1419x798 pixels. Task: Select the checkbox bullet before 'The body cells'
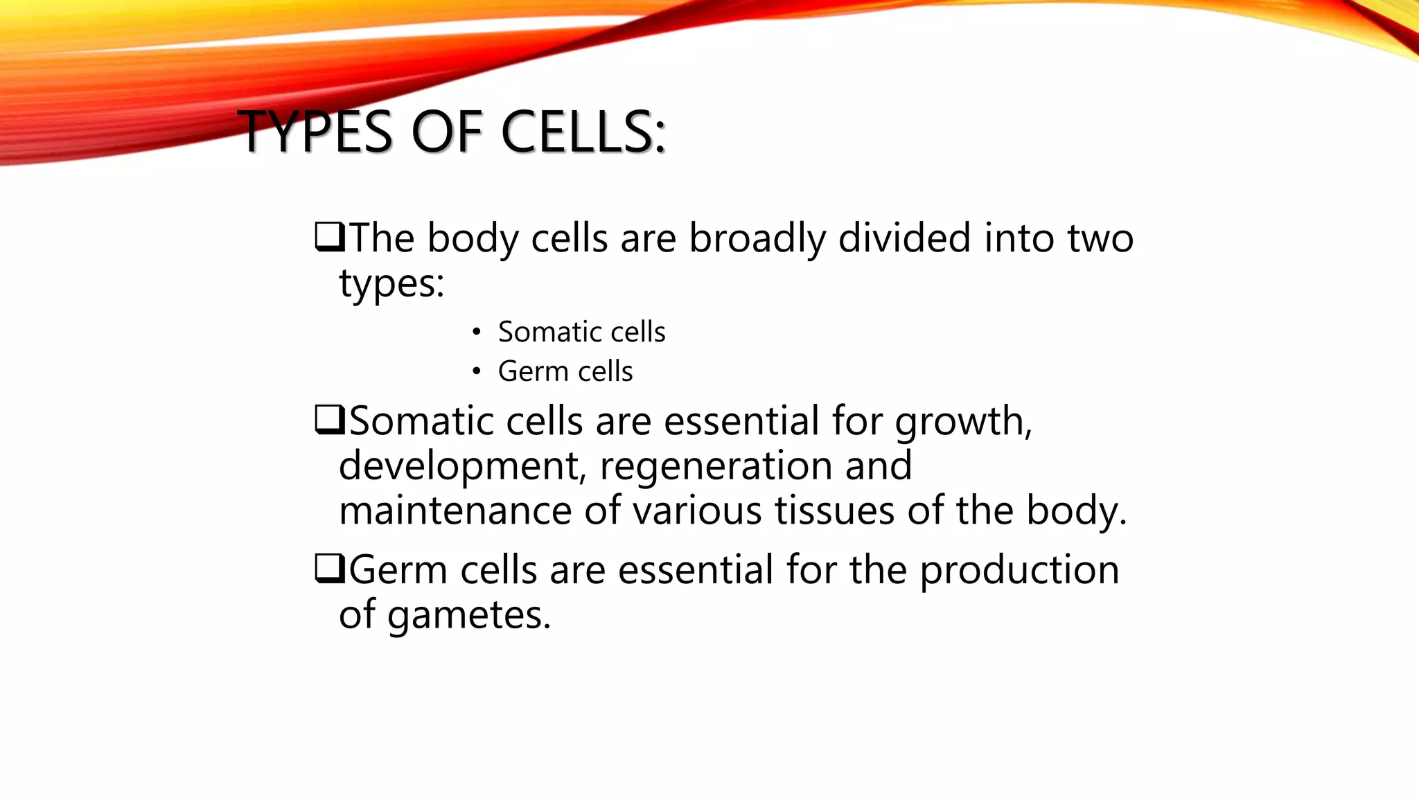[x=329, y=238]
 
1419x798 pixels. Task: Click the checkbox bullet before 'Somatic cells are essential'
[x=329, y=420]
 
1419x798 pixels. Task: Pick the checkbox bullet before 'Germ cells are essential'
[x=329, y=569]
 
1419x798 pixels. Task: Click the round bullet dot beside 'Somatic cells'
[x=476, y=332]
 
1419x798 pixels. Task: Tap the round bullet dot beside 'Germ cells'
[x=476, y=372]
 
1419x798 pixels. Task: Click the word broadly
[x=757, y=239]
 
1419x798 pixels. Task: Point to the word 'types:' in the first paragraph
[x=391, y=284]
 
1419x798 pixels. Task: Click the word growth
[x=963, y=423]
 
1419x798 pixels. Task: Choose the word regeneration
[x=716, y=467]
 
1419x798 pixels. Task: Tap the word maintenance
[x=455, y=511]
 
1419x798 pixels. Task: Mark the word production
[x=1019, y=571]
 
